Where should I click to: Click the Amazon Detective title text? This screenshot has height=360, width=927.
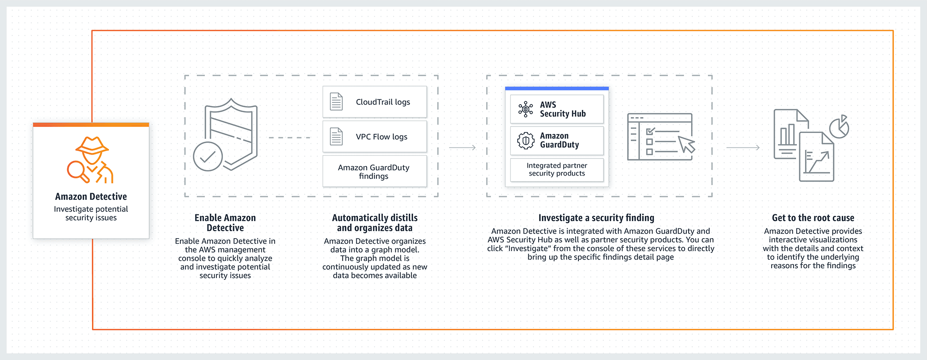(91, 196)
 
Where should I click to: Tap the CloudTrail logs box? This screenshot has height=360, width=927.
(375, 102)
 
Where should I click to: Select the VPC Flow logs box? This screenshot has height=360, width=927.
(375, 137)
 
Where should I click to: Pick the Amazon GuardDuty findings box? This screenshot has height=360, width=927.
(375, 171)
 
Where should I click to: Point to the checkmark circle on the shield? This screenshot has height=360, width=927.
(208, 157)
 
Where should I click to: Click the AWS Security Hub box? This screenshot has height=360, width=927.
(557, 109)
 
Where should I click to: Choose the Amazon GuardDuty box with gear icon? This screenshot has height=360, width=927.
(557, 140)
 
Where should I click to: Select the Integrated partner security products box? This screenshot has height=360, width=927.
(557, 170)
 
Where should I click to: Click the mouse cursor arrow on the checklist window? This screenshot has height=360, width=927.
(687, 145)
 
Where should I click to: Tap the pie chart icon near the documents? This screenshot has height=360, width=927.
(839, 127)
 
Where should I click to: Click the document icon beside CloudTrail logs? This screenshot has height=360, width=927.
(337, 102)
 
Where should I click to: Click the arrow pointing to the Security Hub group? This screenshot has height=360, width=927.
(463, 147)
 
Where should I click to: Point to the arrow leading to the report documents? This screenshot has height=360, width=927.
(743, 147)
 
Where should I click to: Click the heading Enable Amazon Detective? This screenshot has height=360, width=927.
(225, 223)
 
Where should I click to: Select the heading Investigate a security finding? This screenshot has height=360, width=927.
(596, 218)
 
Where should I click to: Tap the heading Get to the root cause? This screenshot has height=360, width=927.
(813, 218)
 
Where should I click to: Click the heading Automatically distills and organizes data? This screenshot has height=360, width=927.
(375, 223)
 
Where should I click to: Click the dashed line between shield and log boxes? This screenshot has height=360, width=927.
(289, 138)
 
